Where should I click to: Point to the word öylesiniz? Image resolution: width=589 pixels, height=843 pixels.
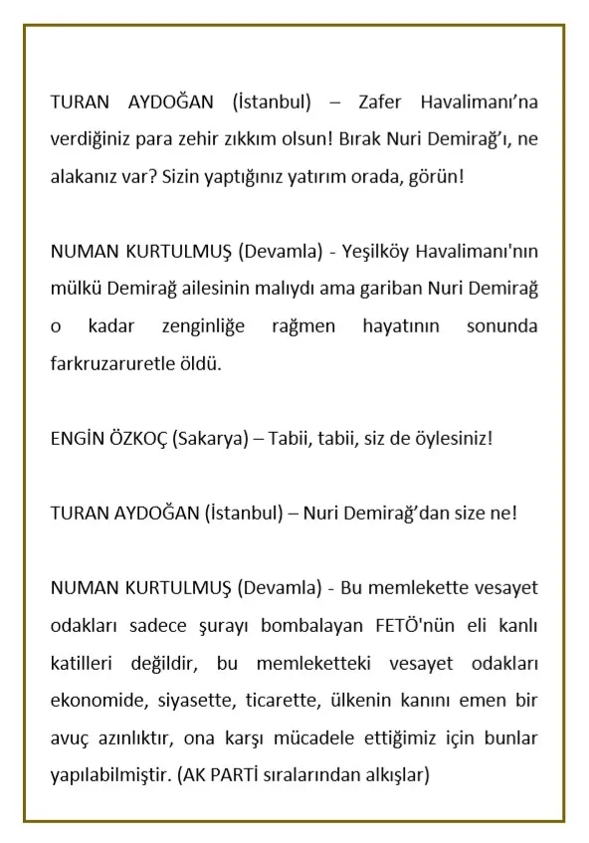pyautogui.click(x=446, y=438)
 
